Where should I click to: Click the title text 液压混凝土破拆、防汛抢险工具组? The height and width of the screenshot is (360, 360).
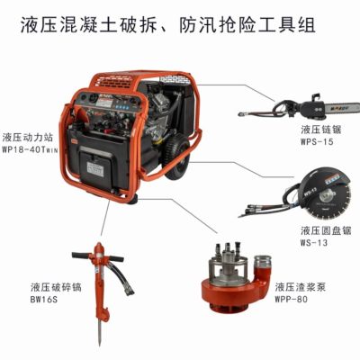click(x=168, y=24)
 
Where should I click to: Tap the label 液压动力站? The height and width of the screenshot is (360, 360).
click(x=28, y=138)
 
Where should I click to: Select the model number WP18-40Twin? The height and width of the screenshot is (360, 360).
click(x=30, y=149)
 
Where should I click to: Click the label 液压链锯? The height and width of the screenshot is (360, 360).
click(x=321, y=130)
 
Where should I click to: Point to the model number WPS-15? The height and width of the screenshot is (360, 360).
click(x=317, y=141)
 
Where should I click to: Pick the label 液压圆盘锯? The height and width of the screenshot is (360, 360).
click(x=326, y=230)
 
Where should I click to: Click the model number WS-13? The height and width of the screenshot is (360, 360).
click(x=314, y=242)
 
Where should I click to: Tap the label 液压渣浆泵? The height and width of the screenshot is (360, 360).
click(x=301, y=287)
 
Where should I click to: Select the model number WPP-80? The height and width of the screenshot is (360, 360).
click(x=291, y=299)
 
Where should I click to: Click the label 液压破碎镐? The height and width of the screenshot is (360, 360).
click(x=56, y=287)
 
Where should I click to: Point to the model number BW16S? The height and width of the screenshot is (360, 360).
click(x=44, y=299)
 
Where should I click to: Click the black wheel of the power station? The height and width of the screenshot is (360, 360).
click(x=176, y=158)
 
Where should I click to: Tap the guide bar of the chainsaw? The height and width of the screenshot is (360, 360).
click(x=343, y=107)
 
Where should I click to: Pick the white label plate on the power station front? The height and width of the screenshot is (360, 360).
click(x=94, y=169)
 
